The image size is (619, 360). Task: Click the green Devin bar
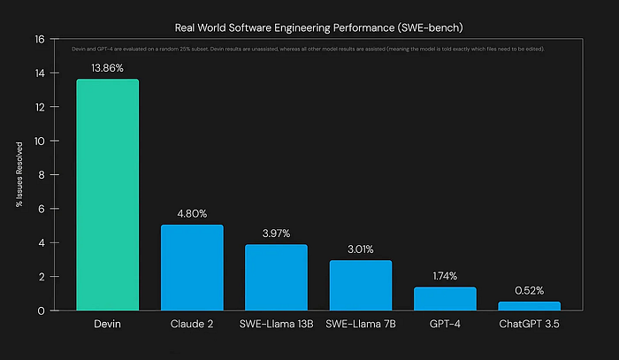pos(107,195)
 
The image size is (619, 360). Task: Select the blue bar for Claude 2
pos(192,267)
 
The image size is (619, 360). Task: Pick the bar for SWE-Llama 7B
pos(361,285)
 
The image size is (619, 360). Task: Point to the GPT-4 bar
pos(445,298)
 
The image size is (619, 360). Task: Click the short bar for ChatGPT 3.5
pos(530,306)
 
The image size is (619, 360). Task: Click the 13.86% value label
pos(107,67)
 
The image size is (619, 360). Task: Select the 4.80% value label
pos(192,213)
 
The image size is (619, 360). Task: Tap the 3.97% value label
pos(276,233)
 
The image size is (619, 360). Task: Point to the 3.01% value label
pos(361,249)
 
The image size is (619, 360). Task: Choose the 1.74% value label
pos(445,276)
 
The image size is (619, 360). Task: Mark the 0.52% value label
pos(530,290)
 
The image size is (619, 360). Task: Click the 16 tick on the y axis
pos(39,40)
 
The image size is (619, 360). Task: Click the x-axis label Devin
pos(107,326)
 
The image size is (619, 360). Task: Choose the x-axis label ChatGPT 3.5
pos(530,326)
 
